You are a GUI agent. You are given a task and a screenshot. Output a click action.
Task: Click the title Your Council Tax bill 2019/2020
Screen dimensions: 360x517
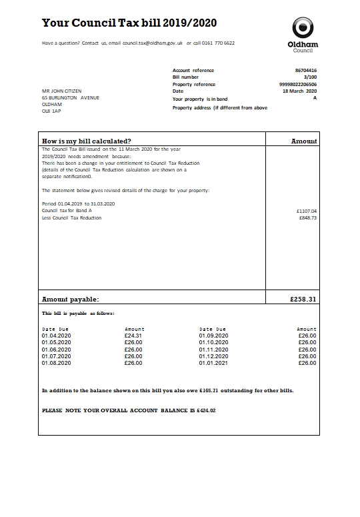[x=129, y=23]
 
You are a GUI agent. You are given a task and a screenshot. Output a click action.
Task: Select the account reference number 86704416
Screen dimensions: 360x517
[x=305, y=70]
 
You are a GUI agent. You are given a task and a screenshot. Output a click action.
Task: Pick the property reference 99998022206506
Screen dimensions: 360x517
[x=297, y=85]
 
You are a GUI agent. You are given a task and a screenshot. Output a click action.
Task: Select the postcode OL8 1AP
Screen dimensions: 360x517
[x=51, y=111]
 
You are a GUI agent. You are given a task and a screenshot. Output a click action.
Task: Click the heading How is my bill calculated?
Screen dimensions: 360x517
[x=87, y=141]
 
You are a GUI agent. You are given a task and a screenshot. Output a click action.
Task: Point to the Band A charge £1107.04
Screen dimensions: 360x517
[x=307, y=211]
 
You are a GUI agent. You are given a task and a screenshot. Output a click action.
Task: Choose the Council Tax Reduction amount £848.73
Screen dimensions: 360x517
[x=307, y=218]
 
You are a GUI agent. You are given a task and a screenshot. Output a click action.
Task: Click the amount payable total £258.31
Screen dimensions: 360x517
[x=303, y=300]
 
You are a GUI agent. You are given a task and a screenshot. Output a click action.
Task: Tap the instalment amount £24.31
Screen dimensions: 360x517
[x=133, y=336]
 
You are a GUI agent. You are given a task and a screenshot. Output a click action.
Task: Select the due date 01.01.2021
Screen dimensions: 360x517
[x=213, y=363]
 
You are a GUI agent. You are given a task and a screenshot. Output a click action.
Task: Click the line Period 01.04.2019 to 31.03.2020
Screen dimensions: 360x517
[x=78, y=203]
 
